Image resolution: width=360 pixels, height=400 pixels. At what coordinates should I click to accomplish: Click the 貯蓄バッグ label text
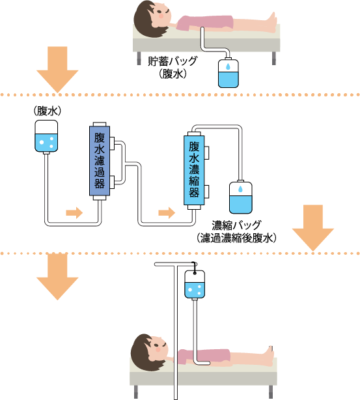click(173, 61)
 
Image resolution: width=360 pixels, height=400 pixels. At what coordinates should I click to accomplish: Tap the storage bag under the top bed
click(228, 73)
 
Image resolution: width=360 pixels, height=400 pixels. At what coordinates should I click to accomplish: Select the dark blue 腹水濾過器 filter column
click(100, 160)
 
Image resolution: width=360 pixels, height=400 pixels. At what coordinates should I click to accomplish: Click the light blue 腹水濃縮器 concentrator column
click(194, 170)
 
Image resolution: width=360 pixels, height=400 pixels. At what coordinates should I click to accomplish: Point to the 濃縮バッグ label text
click(236, 225)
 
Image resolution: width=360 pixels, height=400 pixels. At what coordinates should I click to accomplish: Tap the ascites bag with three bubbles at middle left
click(46, 137)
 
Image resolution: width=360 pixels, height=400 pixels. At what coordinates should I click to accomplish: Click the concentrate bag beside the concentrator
click(241, 197)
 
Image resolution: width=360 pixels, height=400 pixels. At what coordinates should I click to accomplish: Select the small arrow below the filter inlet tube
click(74, 212)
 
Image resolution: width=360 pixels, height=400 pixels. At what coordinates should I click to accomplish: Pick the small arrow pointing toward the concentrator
click(167, 212)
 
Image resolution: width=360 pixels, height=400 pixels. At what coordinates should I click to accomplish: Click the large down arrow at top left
click(57, 69)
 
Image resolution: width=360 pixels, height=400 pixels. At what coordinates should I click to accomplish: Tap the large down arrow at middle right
click(313, 227)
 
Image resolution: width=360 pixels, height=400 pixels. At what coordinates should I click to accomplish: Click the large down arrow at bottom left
click(57, 277)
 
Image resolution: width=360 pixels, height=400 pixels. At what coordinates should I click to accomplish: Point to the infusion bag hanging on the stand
click(195, 285)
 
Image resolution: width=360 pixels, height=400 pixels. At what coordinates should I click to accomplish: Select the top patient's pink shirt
click(205, 23)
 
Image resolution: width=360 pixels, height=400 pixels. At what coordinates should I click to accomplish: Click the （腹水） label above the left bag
click(47, 111)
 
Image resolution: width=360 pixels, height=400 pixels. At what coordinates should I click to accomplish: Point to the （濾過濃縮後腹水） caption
click(236, 238)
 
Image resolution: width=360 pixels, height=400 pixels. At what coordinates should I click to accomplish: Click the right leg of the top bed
click(274, 58)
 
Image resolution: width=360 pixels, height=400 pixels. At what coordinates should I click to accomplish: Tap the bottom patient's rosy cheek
click(158, 349)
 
